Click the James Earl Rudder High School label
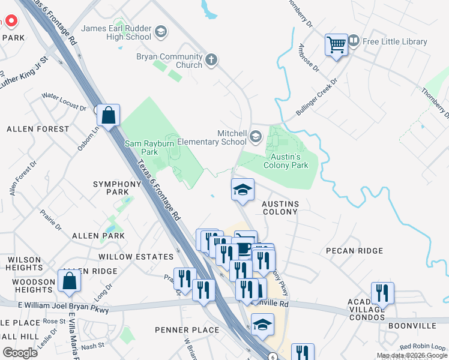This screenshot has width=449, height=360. [x=116, y=32]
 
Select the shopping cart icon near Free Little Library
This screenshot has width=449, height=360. [x=336, y=45]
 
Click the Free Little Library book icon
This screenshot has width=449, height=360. [x=354, y=41]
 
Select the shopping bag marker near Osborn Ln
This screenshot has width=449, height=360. [x=109, y=115]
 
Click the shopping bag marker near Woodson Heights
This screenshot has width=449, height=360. [x=70, y=280]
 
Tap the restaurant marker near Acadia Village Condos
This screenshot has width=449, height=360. [x=382, y=293]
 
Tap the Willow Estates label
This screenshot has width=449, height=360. [x=136, y=257]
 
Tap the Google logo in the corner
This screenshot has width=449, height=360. [x=20, y=353]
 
